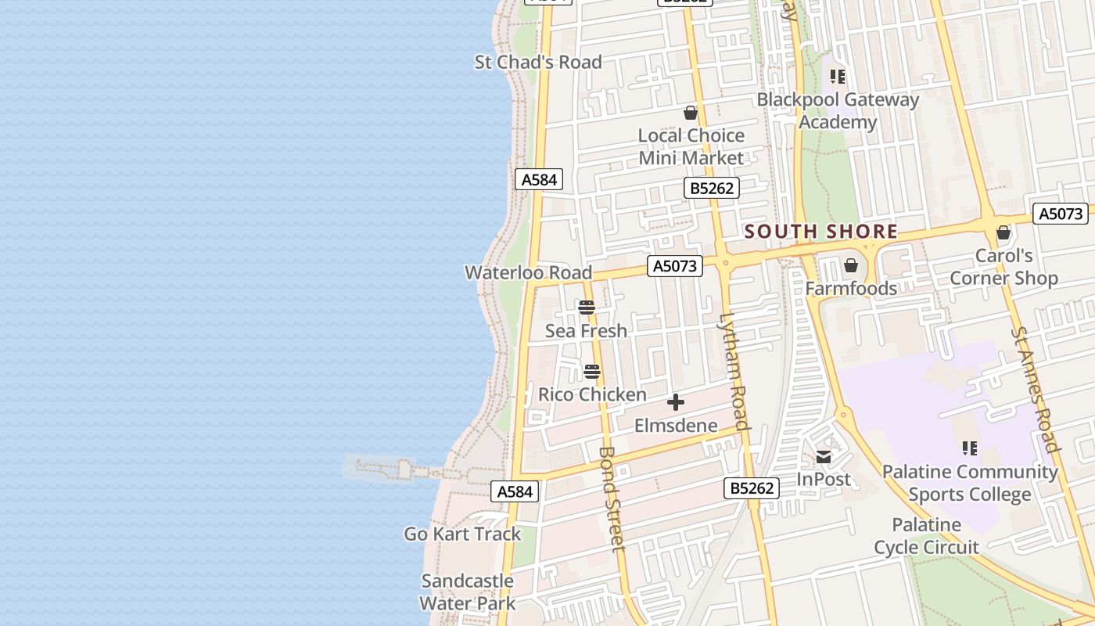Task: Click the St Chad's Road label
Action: coord(538,62)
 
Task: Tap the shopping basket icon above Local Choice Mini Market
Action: coord(691,113)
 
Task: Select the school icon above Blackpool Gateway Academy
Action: coord(838,77)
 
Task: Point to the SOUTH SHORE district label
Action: coord(821,232)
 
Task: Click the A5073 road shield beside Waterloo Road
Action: coord(675,266)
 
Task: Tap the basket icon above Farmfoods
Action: coord(851,266)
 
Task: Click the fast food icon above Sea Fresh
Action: coord(587,308)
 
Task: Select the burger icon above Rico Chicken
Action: coord(592,371)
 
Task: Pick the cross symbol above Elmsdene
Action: coord(676,403)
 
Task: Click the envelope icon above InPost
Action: coord(824,456)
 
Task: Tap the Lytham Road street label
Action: coord(734,372)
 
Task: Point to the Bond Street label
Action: coord(611,498)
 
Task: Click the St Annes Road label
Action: coord(1035,390)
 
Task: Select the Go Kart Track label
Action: coord(462,534)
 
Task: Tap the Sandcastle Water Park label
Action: coord(468,592)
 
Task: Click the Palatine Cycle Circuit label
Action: coord(927,536)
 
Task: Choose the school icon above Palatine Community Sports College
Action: coord(970,448)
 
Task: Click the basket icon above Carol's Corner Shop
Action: coord(1003,232)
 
